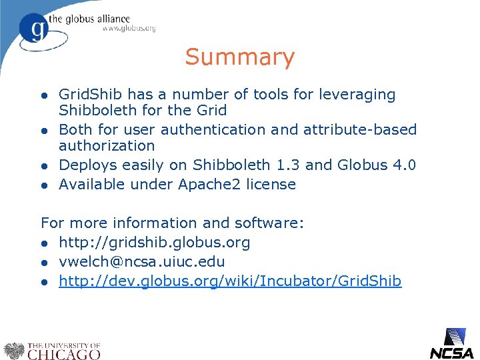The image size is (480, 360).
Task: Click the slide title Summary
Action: [x=239, y=57]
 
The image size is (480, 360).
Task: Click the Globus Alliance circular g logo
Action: [x=33, y=29]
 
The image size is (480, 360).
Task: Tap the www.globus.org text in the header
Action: [x=129, y=29]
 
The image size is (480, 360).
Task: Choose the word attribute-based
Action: [x=360, y=129]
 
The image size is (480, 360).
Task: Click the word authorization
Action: [x=107, y=145]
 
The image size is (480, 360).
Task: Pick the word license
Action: [x=270, y=184]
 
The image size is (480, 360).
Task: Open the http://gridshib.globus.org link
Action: [x=154, y=243]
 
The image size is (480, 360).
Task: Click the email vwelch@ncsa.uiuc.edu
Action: [x=141, y=262]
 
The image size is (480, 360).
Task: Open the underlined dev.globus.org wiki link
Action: [x=230, y=281]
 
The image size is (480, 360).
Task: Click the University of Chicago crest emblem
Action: [x=13, y=349]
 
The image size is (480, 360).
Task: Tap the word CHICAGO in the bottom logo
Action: [x=63, y=353]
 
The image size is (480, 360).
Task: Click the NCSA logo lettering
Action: [x=451, y=353]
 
